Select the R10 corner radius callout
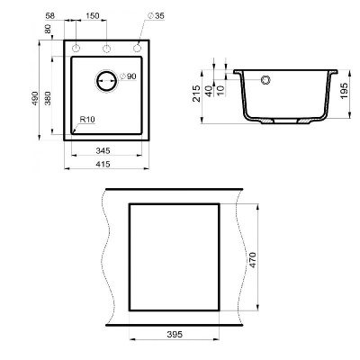(88, 120)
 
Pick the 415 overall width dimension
(103, 167)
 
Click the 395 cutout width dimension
(175, 334)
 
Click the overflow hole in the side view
(265, 81)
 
